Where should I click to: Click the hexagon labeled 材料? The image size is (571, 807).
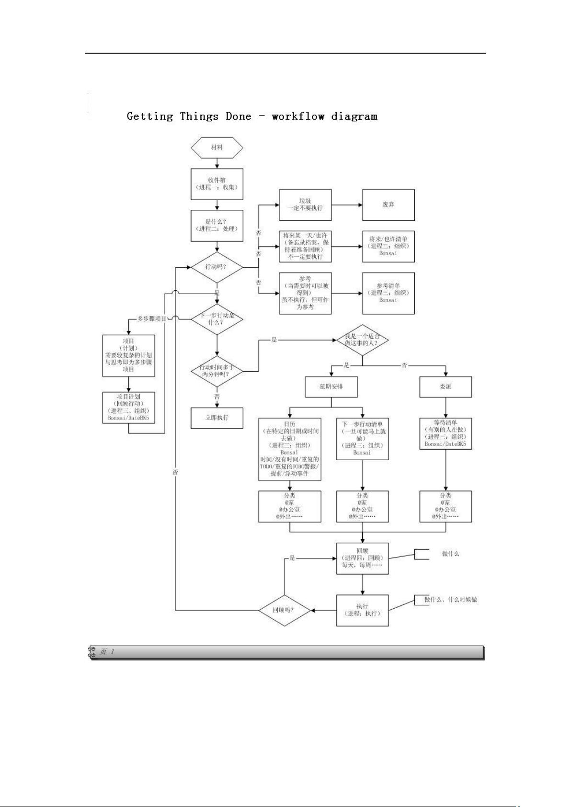pyautogui.click(x=217, y=148)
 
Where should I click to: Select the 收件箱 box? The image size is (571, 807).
pyautogui.click(x=217, y=184)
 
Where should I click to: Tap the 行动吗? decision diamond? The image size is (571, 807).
pyautogui.click(x=217, y=267)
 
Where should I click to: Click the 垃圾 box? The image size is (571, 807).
pyautogui.click(x=305, y=205)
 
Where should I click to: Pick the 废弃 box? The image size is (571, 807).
pyautogui.click(x=388, y=205)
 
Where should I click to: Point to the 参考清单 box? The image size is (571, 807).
pyautogui.click(x=388, y=293)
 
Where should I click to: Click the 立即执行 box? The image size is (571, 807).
pyautogui.click(x=217, y=418)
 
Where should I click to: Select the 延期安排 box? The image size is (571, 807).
pyautogui.click(x=331, y=386)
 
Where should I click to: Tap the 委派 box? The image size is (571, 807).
pyautogui.click(x=445, y=386)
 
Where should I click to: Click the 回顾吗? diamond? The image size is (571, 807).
pyautogui.click(x=285, y=610)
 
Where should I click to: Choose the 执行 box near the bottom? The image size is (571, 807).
pyautogui.click(x=362, y=610)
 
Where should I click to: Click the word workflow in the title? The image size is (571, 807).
pyautogui.click(x=298, y=116)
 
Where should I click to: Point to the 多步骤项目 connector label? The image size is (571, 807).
pyautogui.click(x=152, y=318)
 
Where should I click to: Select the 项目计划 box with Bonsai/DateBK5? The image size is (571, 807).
pyautogui.click(x=128, y=408)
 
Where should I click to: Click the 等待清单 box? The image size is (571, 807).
pyautogui.click(x=445, y=433)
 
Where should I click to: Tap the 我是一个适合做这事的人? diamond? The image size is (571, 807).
pyautogui.click(x=362, y=340)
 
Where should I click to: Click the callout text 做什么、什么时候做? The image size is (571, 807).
pyautogui.click(x=450, y=600)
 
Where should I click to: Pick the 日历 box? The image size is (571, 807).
pyautogui.click(x=289, y=449)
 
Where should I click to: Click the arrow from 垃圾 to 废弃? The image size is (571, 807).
pyautogui.click(x=347, y=205)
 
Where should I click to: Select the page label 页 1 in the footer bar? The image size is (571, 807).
pyautogui.click(x=106, y=652)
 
